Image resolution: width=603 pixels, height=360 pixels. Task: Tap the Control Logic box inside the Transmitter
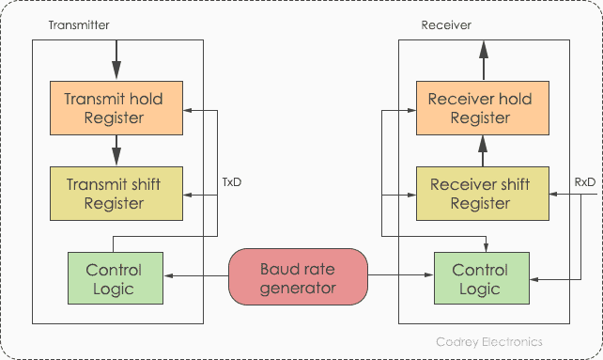click(x=115, y=279)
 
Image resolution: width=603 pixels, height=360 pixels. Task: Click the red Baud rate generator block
click(x=297, y=277)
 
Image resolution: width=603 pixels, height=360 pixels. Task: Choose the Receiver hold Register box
click(x=480, y=108)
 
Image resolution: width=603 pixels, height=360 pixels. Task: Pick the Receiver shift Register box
click(x=480, y=193)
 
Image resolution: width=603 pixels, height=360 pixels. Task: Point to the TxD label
click(x=231, y=181)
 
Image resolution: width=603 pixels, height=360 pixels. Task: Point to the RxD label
click(x=584, y=181)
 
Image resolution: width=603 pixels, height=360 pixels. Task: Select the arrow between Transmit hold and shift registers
click(x=116, y=149)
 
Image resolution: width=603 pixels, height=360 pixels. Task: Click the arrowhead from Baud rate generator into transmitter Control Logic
click(x=169, y=275)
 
